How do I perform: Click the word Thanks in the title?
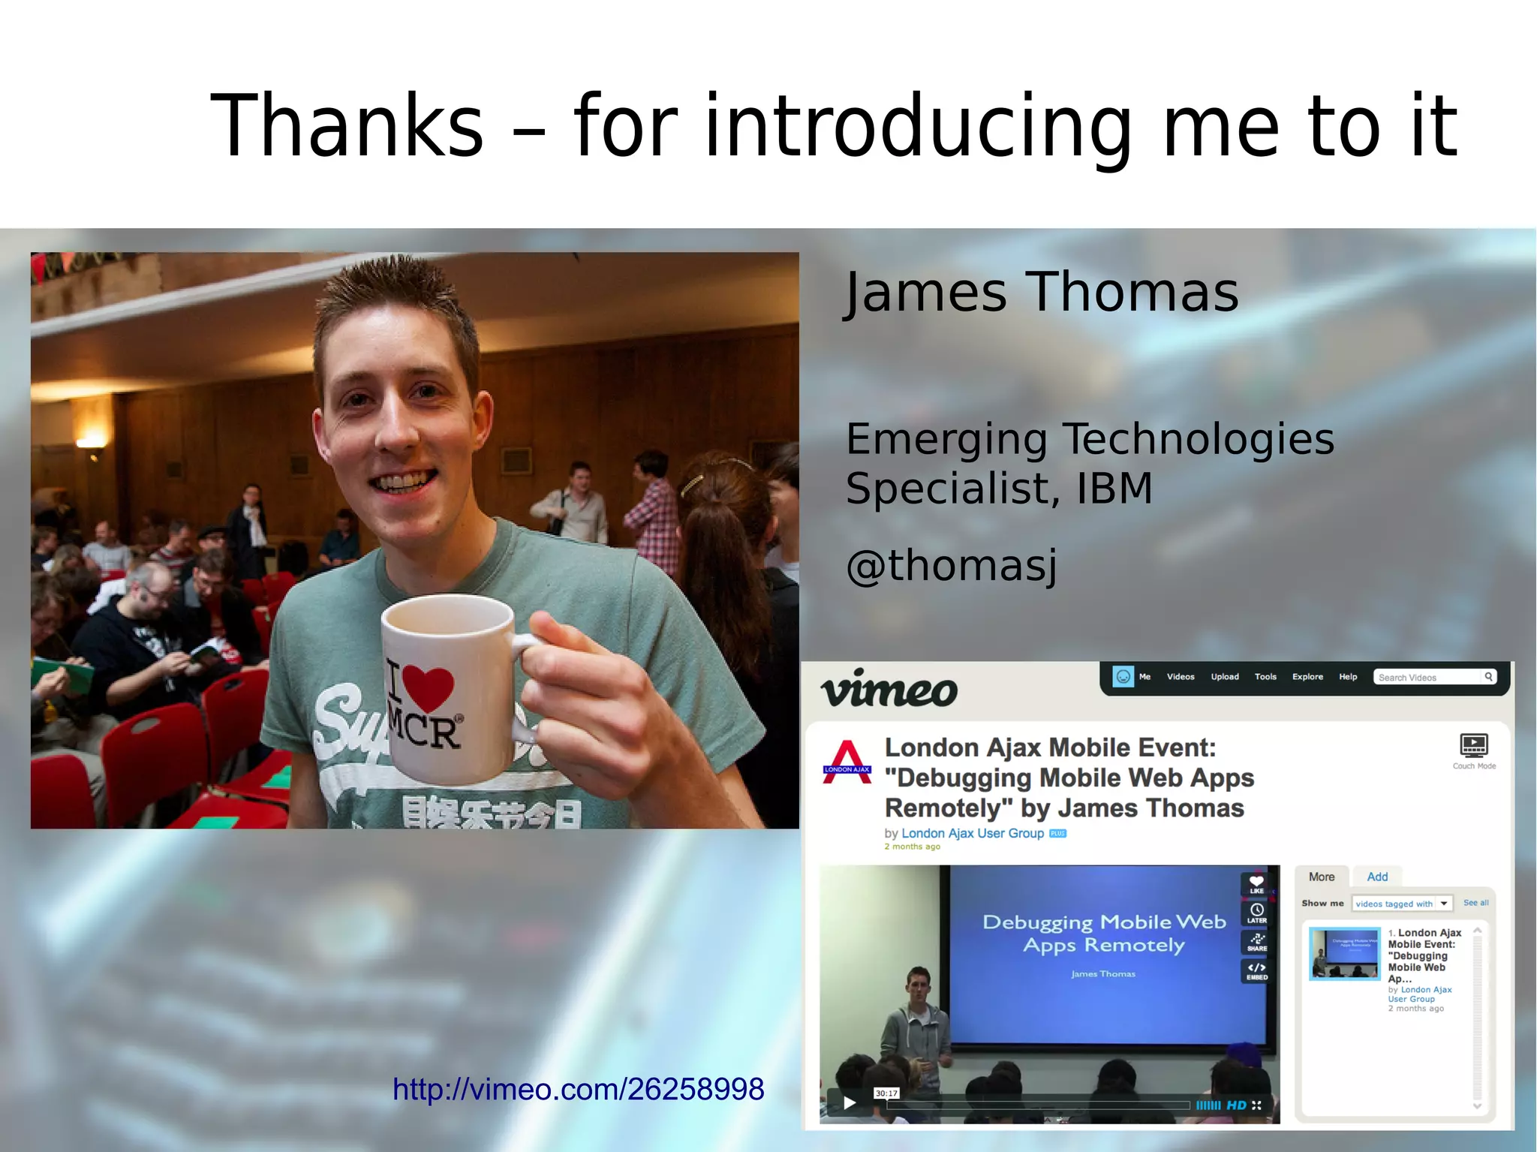(347, 126)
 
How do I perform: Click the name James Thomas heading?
(1041, 292)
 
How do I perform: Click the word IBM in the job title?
(1114, 489)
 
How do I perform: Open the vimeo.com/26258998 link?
(578, 1089)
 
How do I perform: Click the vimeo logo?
(889, 689)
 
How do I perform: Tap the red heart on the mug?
(429, 687)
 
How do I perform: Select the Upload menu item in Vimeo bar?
(1224, 677)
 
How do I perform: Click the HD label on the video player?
(1236, 1105)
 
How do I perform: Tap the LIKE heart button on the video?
(1256, 884)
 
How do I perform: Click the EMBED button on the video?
(1256, 970)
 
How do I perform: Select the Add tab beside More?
(1376, 877)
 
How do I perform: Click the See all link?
(1475, 903)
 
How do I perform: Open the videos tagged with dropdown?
(1402, 904)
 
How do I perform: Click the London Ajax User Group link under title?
(972, 833)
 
